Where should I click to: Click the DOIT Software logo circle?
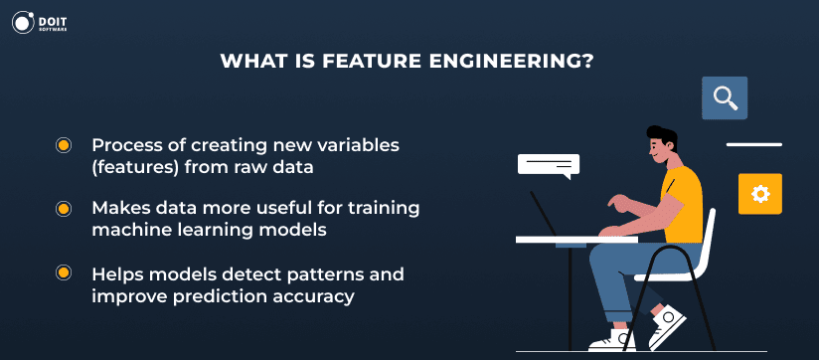point(24,24)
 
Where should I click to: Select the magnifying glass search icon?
point(725,97)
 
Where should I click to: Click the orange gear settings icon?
point(760,193)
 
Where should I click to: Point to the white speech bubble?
point(548,164)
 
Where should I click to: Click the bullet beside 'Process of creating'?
point(64,146)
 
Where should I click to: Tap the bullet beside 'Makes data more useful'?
point(64,210)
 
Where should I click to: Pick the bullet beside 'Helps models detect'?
point(64,273)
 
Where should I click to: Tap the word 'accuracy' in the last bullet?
point(320,295)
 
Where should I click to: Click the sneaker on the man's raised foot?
point(668,324)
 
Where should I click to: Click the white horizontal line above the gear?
point(754,144)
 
